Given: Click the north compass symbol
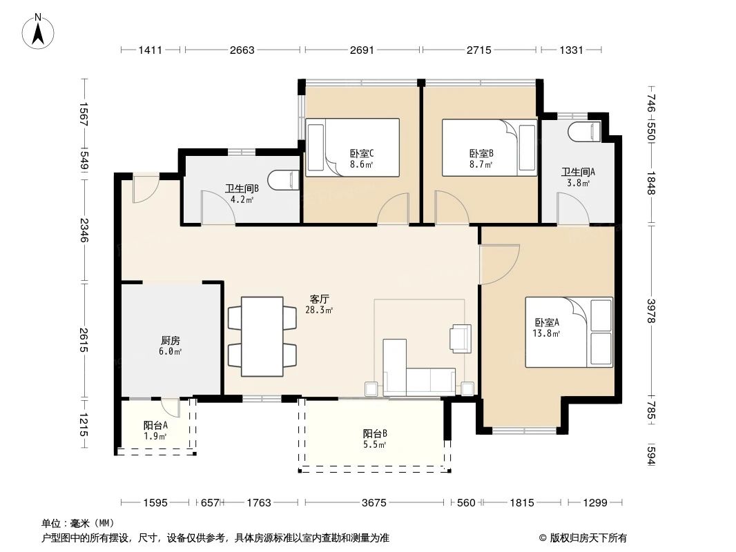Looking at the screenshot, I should [x=40, y=31].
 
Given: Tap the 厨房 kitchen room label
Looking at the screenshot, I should [x=171, y=346].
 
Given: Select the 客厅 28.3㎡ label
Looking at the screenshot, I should [x=319, y=304].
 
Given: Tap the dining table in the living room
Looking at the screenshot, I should [x=262, y=336].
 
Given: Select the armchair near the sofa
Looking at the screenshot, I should [x=461, y=337].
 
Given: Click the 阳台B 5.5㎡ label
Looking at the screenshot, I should [x=375, y=439].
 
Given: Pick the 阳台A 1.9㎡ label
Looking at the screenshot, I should [x=155, y=431].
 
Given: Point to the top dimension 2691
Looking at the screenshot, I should [x=362, y=50].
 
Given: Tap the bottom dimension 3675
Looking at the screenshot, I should [x=374, y=503].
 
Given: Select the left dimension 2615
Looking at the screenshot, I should [x=84, y=339].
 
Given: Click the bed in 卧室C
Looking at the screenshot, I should [x=353, y=146].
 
